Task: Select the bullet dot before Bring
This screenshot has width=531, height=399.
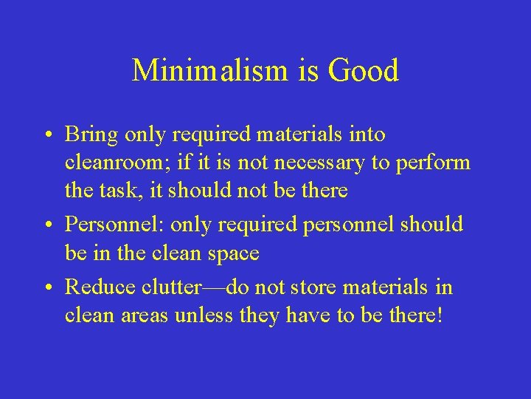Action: pos(46,136)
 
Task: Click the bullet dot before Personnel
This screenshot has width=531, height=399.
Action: pos(46,225)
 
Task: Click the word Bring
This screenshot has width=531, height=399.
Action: pos(91,135)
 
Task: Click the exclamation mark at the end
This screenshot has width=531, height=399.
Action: pos(440,316)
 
